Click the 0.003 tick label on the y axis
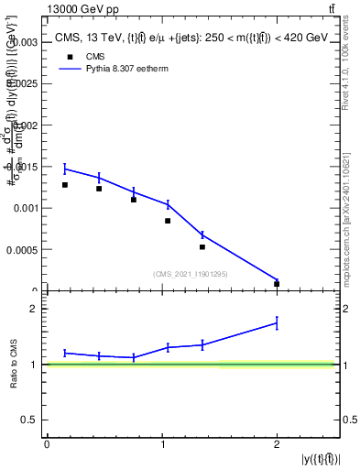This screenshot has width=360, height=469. (24, 42)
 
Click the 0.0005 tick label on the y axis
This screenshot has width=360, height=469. (22, 249)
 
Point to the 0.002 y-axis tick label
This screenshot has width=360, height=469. (24, 125)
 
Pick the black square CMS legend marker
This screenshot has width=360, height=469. (68, 55)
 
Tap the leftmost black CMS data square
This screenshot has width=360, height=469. (65, 185)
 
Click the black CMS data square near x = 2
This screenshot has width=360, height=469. (277, 284)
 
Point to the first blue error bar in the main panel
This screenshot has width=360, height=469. (65, 169)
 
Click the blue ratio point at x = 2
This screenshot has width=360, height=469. (277, 322)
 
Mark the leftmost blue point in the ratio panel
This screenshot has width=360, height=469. (65, 353)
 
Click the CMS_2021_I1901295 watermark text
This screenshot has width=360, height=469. (191, 274)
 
